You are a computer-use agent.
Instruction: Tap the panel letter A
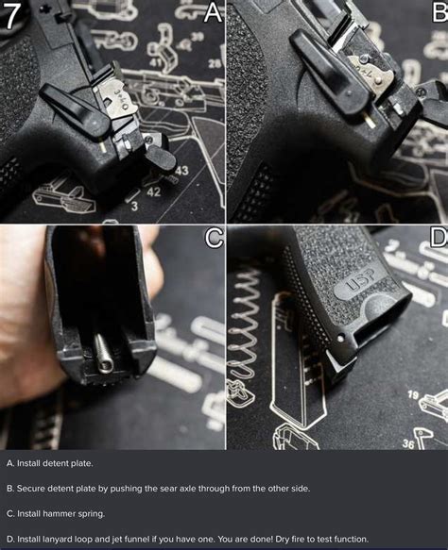[213, 12]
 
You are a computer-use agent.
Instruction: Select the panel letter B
[437, 12]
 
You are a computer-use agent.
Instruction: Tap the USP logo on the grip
[358, 284]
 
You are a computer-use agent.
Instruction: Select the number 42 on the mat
[153, 192]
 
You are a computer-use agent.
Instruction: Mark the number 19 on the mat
[413, 394]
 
